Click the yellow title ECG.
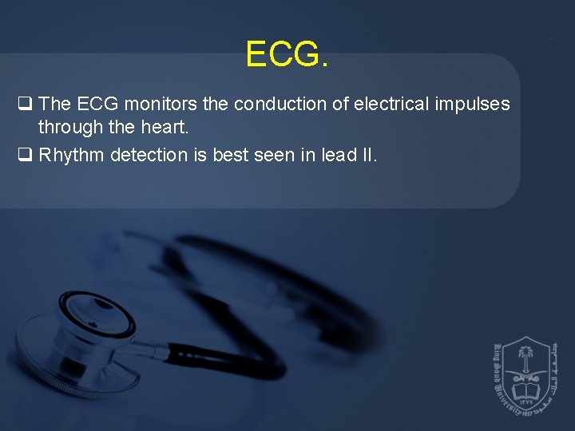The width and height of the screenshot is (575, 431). [287, 55]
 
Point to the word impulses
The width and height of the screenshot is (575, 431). [472, 105]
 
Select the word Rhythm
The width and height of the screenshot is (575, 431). [71, 155]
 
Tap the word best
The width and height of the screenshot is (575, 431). [227, 154]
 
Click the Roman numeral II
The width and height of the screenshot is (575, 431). [367, 154]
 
